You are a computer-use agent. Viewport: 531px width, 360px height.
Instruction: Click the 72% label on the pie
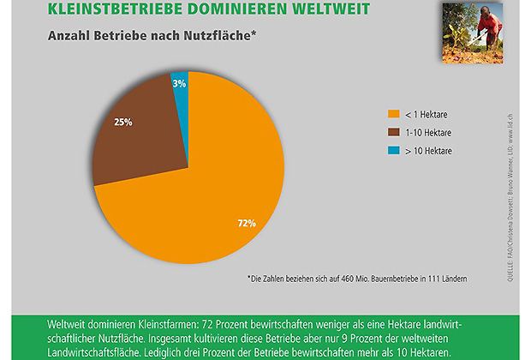[247, 224]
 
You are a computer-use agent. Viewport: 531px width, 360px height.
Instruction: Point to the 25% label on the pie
[123, 123]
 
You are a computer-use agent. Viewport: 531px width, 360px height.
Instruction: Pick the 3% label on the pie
[178, 83]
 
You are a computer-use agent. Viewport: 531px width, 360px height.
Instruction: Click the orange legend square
[393, 113]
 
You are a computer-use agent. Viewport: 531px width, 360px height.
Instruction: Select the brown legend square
[393, 131]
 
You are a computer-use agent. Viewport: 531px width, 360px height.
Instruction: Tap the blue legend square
[393, 150]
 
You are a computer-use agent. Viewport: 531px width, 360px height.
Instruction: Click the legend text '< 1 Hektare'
[428, 113]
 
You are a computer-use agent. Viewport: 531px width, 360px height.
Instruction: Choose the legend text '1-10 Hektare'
[431, 131]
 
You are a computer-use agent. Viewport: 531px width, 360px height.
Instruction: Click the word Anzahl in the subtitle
[55, 36]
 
